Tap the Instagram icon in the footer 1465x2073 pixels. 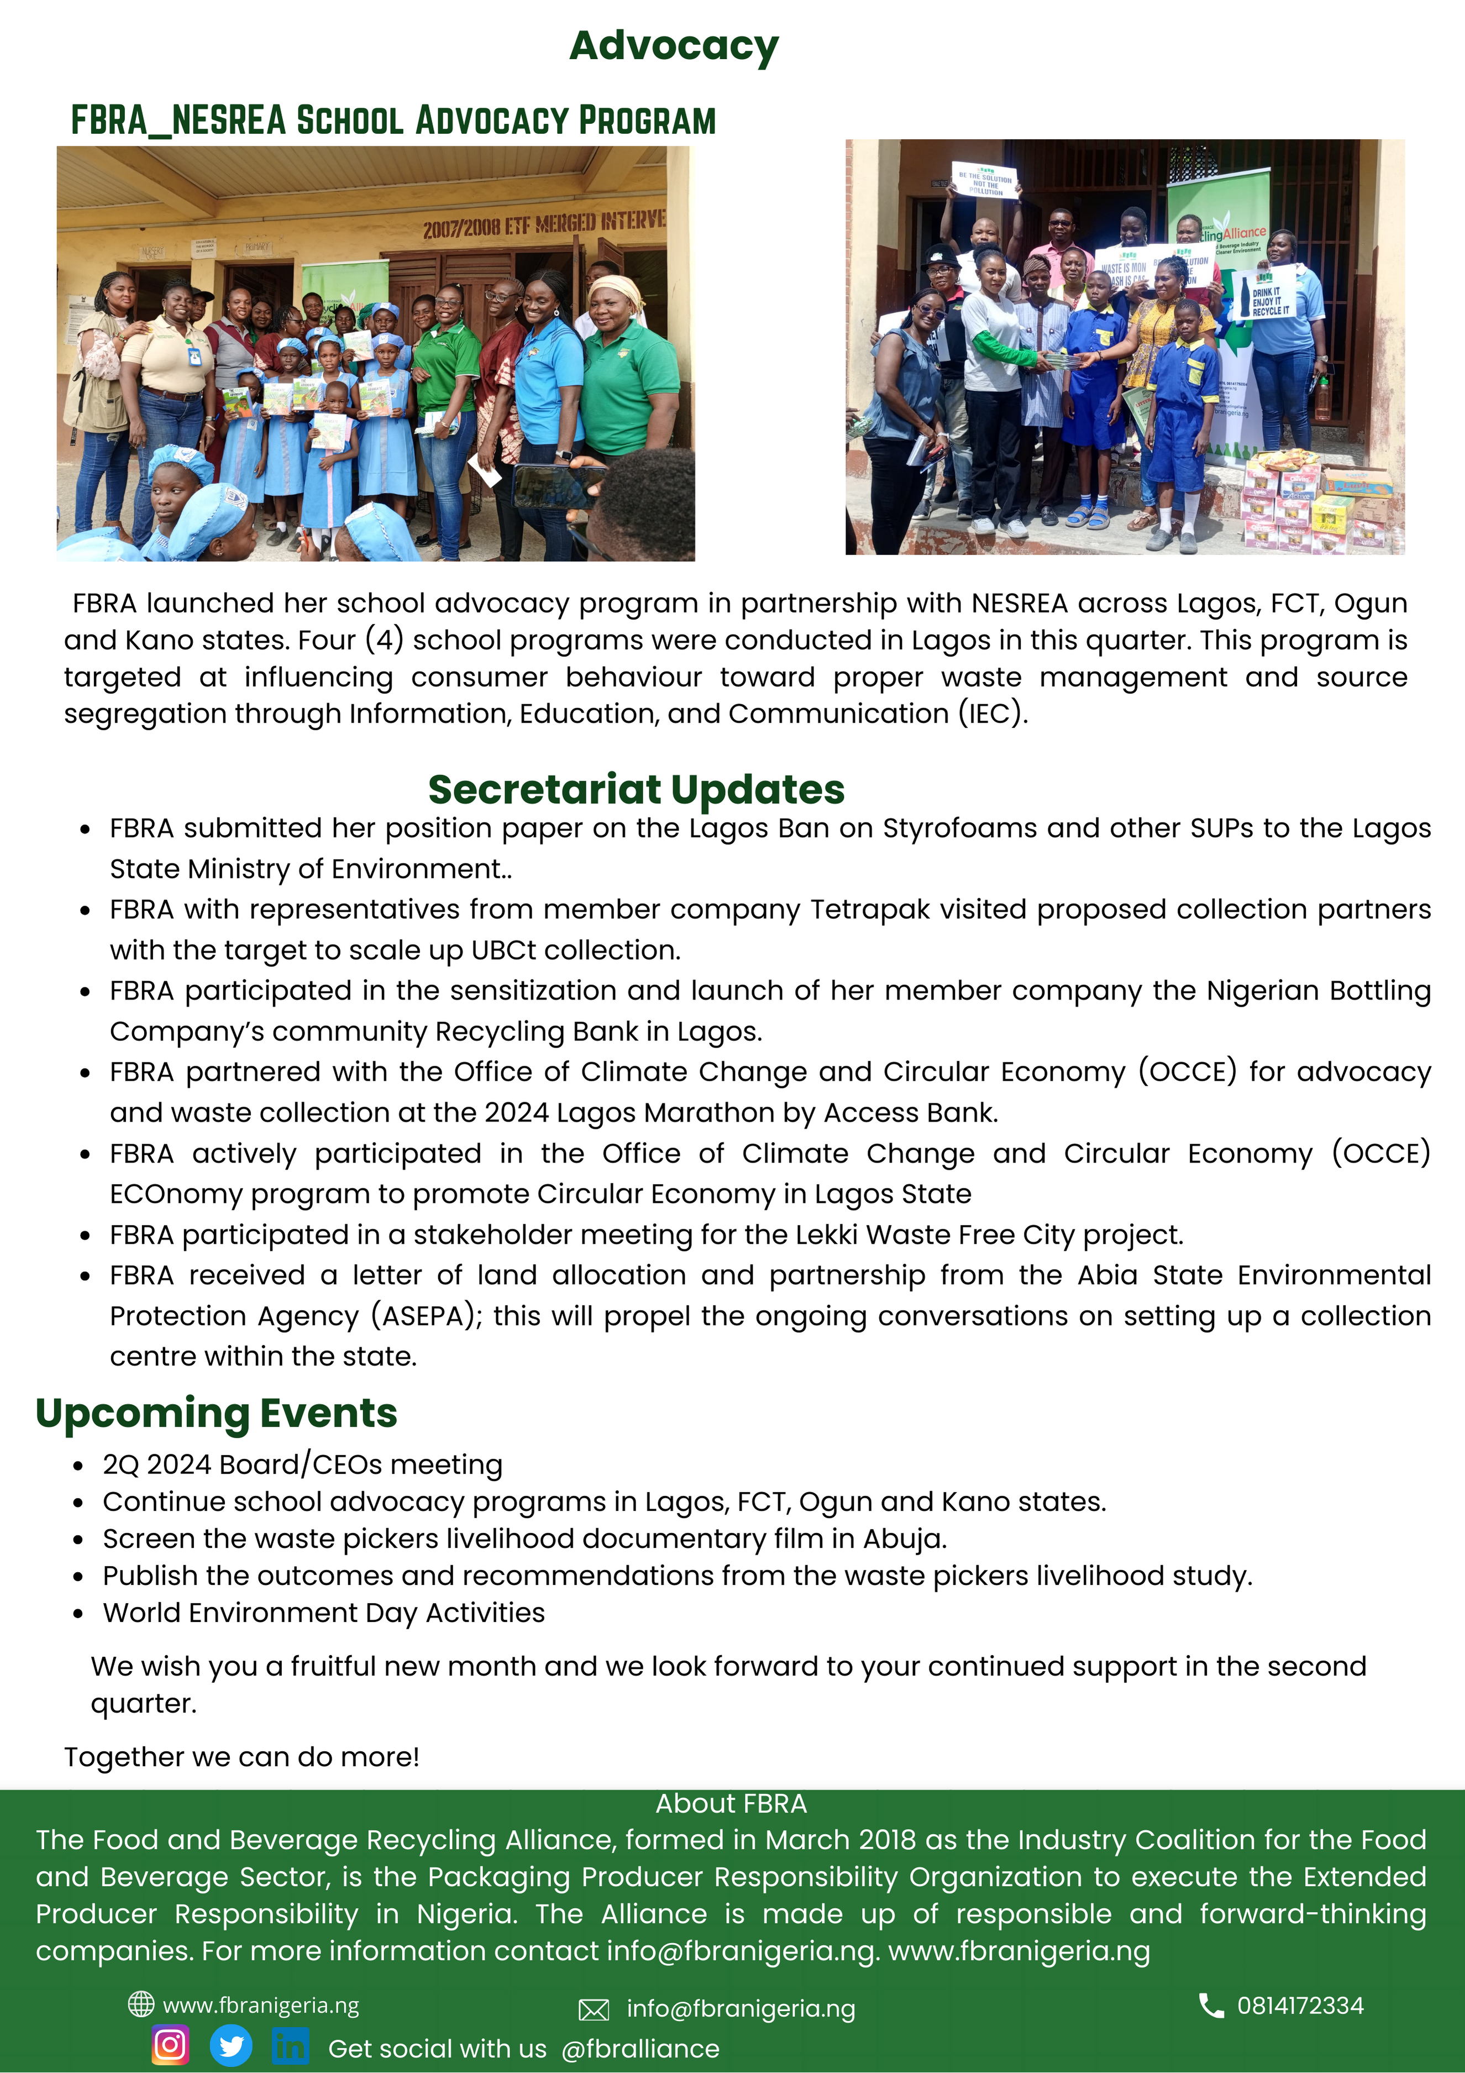170,2044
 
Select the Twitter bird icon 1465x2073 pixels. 231,2045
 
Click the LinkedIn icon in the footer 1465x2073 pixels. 290,2045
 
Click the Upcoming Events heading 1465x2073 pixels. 217,1413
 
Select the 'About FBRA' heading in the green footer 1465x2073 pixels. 731,1803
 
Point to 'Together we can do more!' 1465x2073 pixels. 242,1757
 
